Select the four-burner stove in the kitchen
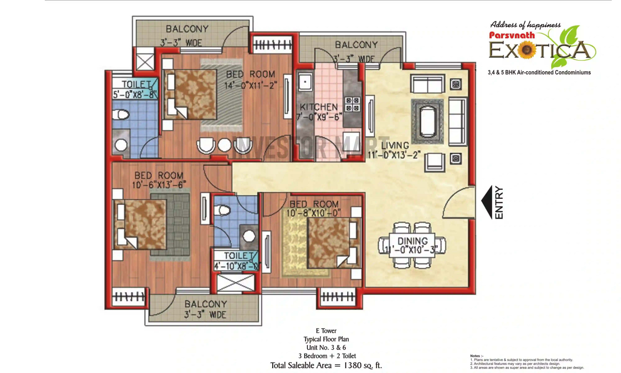pyautogui.click(x=352, y=104)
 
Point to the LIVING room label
pyautogui.click(x=395, y=145)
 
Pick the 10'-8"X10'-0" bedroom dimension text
pyautogui.click(x=313, y=213)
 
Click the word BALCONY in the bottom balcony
pyautogui.click(x=206, y=304)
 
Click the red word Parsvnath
pyautogui.click(x=512, y=35)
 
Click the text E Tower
pyautogui.click(x=326, y=331)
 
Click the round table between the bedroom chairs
pyautogui.click(x=224, y=145)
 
